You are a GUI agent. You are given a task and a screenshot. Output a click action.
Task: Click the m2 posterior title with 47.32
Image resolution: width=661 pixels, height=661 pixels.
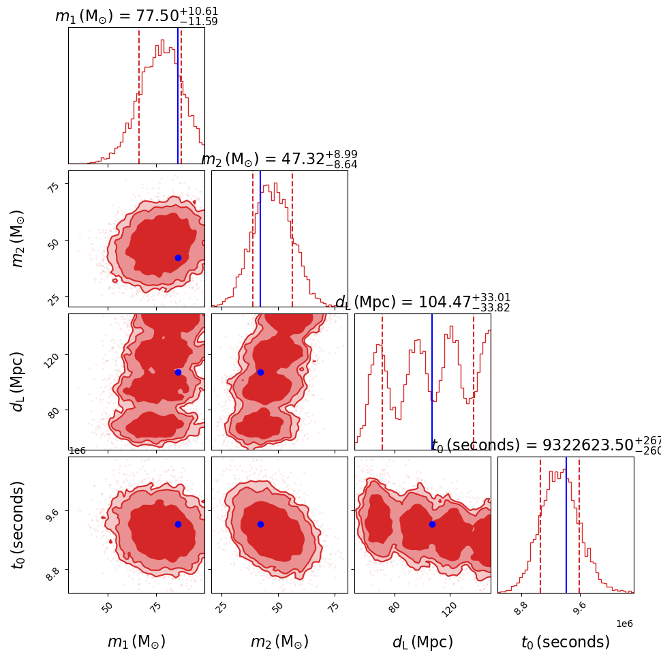point(279,159)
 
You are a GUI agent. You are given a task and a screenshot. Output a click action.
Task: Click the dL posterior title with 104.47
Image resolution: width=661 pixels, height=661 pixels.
point(422,302)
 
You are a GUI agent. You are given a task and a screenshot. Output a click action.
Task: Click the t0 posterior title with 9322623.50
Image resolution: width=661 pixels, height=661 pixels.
point(545,445)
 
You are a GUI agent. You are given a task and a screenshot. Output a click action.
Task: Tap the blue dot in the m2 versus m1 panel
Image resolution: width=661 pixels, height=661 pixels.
point(178,258)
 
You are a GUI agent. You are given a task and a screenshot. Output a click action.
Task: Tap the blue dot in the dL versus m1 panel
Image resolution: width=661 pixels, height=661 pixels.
point(178,372)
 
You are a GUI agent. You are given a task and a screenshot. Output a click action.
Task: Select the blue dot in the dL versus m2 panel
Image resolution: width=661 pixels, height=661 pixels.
point(260,372)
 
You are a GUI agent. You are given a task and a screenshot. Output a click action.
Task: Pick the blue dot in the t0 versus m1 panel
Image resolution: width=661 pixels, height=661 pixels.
point(178,524)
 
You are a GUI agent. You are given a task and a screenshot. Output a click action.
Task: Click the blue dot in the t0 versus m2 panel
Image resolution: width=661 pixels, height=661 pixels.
point(260,524)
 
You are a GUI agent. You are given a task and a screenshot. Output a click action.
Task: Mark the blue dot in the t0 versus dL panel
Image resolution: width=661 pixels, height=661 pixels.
point(432,524)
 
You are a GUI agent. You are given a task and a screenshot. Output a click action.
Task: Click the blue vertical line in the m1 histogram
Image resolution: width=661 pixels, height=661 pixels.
point(178,95)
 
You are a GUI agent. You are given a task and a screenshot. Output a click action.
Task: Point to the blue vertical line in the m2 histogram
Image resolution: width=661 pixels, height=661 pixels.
point(260,239)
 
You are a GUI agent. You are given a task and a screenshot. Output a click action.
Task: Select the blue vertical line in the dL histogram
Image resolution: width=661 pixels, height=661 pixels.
point(432,382)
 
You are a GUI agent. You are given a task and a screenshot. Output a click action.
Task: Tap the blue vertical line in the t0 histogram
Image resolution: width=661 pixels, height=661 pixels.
point(566,525)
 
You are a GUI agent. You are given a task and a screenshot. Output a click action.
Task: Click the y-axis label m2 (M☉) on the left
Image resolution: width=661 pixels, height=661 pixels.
point(18,239)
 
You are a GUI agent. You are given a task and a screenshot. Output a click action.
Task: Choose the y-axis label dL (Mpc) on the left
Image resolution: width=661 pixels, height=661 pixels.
point(18,382)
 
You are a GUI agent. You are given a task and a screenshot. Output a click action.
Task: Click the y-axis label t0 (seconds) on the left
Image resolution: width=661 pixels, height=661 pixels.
point(18,525)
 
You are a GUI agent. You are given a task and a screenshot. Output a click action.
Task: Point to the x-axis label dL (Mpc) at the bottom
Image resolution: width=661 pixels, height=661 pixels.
point(422,642)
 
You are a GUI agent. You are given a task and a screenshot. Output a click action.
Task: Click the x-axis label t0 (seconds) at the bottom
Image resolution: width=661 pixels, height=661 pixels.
point(566,642)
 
